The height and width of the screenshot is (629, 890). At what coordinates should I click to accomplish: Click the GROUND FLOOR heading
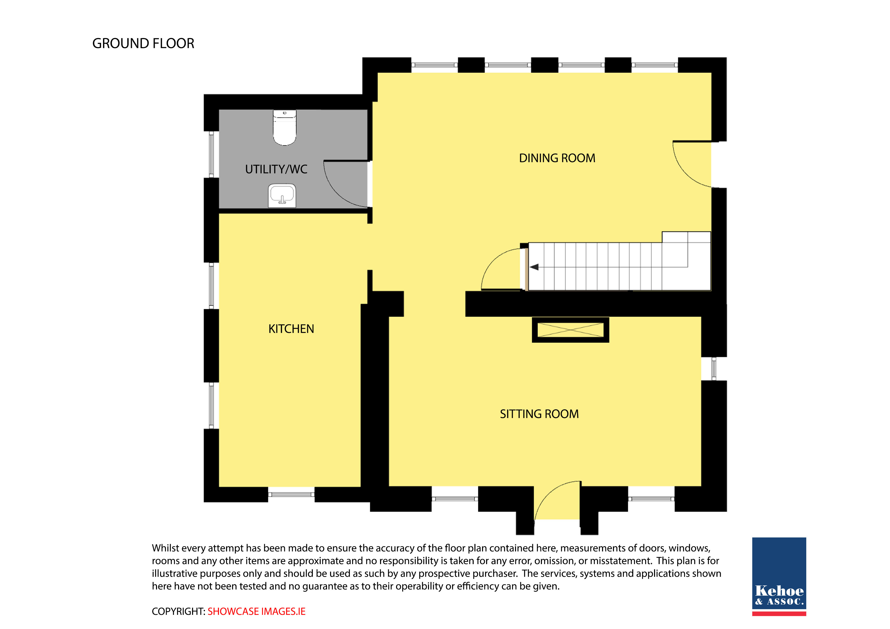(143, 43)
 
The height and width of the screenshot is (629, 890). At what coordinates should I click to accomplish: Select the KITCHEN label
(291, 329)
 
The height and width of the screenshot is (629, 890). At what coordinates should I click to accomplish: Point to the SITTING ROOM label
(539, 414)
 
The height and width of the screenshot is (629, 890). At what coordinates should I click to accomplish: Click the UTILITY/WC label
(276, 169)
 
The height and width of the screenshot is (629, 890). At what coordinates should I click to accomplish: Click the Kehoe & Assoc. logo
(779, 576)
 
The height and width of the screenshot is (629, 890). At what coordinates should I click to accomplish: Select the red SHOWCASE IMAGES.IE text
(256, 611)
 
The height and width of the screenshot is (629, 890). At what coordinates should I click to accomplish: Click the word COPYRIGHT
(178, 611)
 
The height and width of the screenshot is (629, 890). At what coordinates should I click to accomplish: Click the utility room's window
(211, 154)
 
